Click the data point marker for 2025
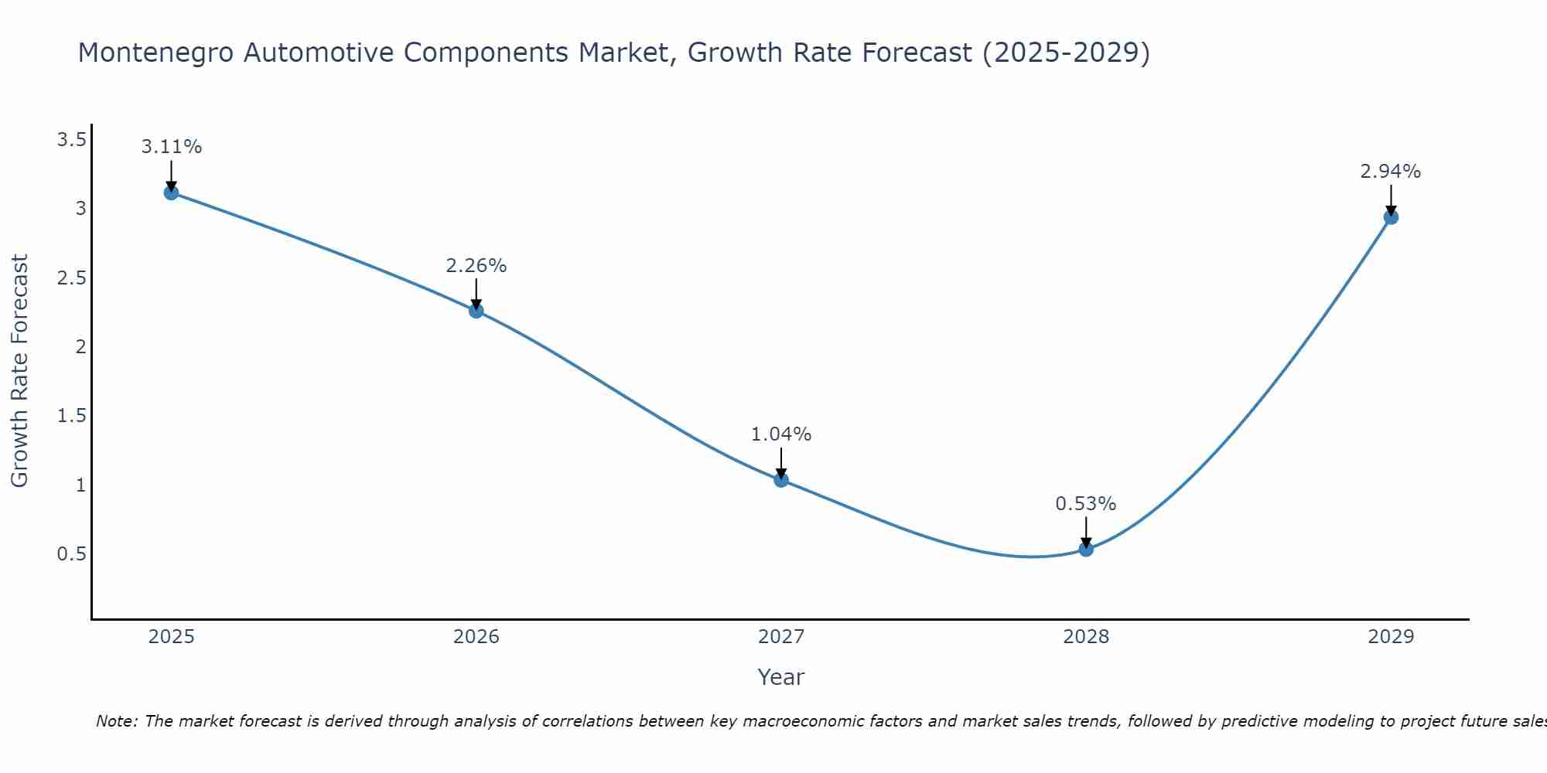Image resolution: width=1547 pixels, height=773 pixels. click(x=172, y=192)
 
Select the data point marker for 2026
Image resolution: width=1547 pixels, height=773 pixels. click(x=476, y=311)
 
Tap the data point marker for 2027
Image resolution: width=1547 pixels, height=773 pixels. click(x=781, y=480)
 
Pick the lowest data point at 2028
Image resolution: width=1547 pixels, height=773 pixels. click(x=1086, y=550)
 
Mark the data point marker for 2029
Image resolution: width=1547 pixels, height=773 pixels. click(x=1391, y=217)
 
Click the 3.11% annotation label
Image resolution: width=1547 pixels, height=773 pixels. click(x=172, y=147)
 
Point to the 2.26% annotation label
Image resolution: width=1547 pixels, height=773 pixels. click(x=476, y=266)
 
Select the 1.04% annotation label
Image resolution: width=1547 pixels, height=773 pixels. click(x=781, y=434)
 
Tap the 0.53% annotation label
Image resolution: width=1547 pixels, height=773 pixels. click(x=1086, y=504)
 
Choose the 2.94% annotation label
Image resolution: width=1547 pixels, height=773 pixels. click(x=1391, y=172)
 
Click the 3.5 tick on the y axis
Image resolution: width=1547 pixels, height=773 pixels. click(x=71, y=140)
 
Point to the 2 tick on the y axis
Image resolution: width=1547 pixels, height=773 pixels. click(x=80, y=347)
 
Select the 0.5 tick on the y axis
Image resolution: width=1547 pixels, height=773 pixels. click(x=71, y=554)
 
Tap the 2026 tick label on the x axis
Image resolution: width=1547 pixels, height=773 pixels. click(x=476, y=637)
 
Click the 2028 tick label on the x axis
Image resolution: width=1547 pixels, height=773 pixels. click(x=1086, y=637)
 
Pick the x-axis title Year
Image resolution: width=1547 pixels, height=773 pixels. click(x=781, y=677)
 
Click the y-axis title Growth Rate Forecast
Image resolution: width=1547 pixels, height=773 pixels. click(x=19, y=371)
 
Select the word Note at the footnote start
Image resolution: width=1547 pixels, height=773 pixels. click(x=116, y=721)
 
